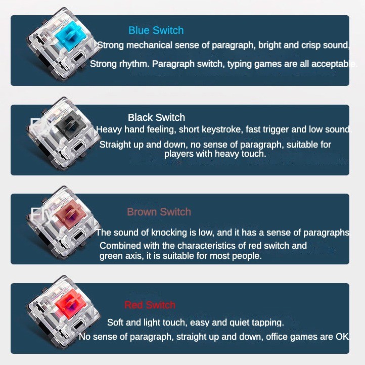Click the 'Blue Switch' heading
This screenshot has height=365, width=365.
coord(156,30)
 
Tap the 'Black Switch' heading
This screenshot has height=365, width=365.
coord(156,117)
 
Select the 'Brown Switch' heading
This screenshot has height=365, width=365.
coord(159,212)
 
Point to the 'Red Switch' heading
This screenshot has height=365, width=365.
coord(150,305)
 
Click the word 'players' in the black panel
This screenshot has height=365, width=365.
coord(179,153)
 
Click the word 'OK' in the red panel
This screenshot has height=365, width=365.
coord(342,336)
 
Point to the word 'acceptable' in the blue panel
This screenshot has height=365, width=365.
coord(334,64)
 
